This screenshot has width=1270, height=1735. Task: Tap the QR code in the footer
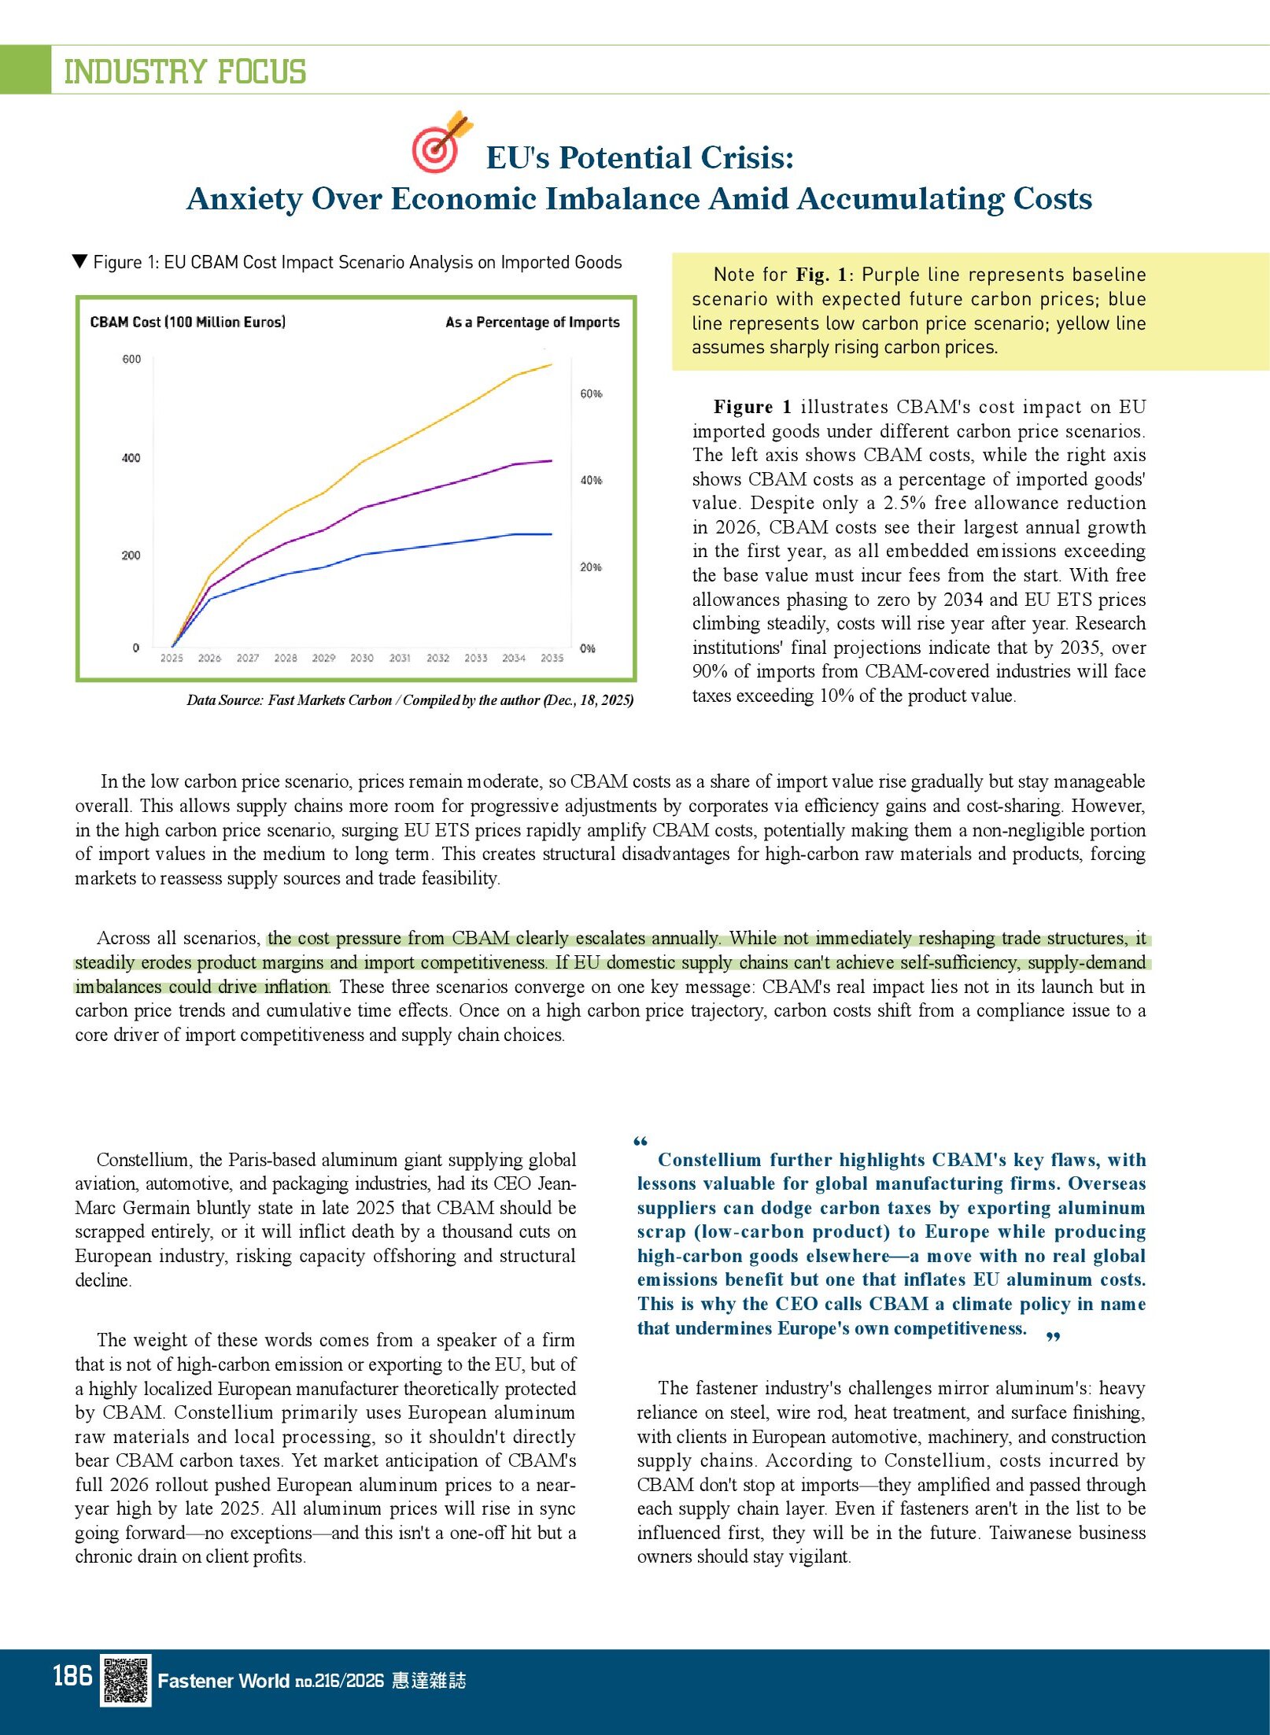click(x=125, y=1680)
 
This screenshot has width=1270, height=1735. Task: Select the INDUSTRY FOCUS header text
click(x=184, y=72)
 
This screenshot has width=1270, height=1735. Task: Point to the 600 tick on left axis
click(x=131, y=360)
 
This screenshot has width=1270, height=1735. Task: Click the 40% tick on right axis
click(x=591, y=480)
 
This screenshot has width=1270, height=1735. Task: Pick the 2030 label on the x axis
click(x=361, y=658)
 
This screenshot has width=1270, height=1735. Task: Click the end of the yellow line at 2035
click(x=551, y=364)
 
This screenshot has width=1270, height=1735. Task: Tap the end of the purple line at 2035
click(x=551, y=461)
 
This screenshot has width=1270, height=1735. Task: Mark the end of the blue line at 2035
click(x=551, y=534)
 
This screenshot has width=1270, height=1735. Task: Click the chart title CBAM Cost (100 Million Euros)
click(x=187, y=322)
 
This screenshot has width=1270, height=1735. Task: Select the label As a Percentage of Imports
click(x=532, y=322)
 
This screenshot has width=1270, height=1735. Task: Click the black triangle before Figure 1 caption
click(x=79, y=261)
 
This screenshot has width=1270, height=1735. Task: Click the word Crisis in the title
click(x=748, y=158)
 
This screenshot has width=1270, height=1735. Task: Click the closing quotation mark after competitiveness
click(x=1054, y=1338)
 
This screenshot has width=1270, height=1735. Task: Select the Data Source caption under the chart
click(x=409, y=700)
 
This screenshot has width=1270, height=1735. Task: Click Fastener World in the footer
click(x=223, y=1681)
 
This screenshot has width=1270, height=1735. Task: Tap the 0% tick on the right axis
click(x=587, y=648)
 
